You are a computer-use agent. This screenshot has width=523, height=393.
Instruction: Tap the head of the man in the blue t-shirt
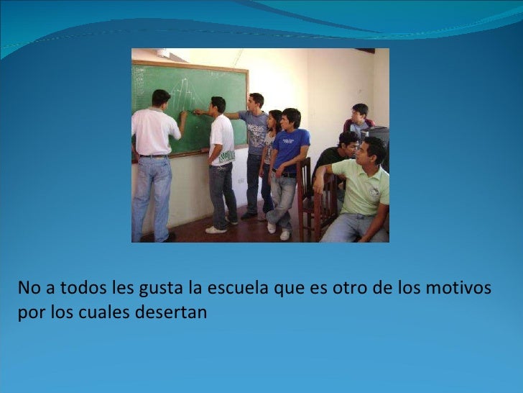(x=290, y=118)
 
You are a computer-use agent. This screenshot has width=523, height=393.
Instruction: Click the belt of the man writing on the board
(x=154, y=155)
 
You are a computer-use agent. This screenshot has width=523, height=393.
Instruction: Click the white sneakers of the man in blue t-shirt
(x=284, y=234)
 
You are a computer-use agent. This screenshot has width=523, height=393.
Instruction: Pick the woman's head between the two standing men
(x=274, y=120)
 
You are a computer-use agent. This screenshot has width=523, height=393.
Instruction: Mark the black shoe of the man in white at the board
(x=170, y=237)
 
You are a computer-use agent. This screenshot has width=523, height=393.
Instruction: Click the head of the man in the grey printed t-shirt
(x=256, y=101)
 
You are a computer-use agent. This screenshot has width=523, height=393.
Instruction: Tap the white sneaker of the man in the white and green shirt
(x=215, y=230)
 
